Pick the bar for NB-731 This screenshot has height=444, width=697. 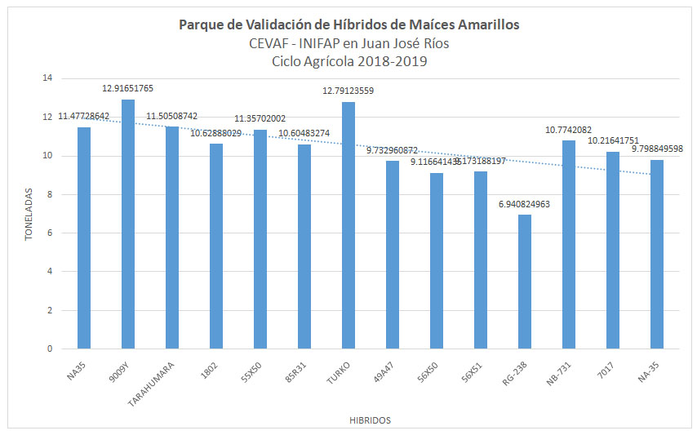point(569,245)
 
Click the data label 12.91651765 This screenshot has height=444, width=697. point(128,87)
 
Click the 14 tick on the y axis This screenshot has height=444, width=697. point(47,78)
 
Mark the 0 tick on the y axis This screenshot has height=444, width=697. point(49,349)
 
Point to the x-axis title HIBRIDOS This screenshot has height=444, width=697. point(370,420)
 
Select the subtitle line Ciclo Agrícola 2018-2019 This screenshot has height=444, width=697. point(348,60)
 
